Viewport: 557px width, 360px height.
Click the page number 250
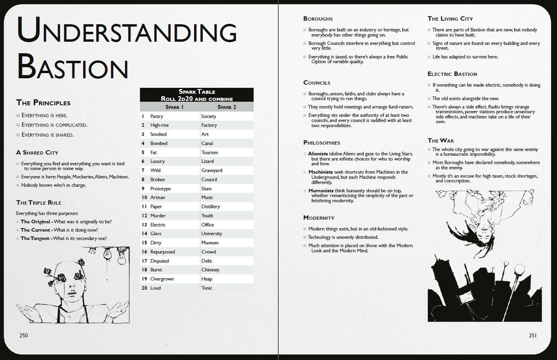coord(23,335)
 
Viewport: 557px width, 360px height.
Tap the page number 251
coord(533,335)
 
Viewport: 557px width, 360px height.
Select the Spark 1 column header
coord(174,107)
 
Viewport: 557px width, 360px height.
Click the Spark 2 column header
coord(227,107)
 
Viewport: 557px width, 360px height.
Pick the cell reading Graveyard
coord(212,170)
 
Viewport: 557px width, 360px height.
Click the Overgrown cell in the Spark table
coord(162,279)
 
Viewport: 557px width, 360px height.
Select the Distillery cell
coord(210,207)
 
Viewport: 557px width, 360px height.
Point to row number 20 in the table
coord(144,288)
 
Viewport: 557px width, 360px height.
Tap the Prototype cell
coord(160,189)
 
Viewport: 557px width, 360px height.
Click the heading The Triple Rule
coord(39,203)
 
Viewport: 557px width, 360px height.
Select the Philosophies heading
coord(322,143)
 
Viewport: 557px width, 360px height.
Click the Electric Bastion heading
coord(452,74)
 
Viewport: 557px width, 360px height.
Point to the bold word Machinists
coord(320,172)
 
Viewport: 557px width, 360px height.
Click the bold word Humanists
coord(321,191)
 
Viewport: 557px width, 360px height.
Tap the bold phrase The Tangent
coord(35,238)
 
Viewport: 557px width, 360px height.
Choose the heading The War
coord(441,141)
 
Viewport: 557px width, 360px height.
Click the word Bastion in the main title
coord(73,67)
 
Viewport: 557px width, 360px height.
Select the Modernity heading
coord(318,218)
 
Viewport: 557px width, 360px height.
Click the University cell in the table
coord(212,234)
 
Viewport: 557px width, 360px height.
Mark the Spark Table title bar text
coord(197,92)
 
